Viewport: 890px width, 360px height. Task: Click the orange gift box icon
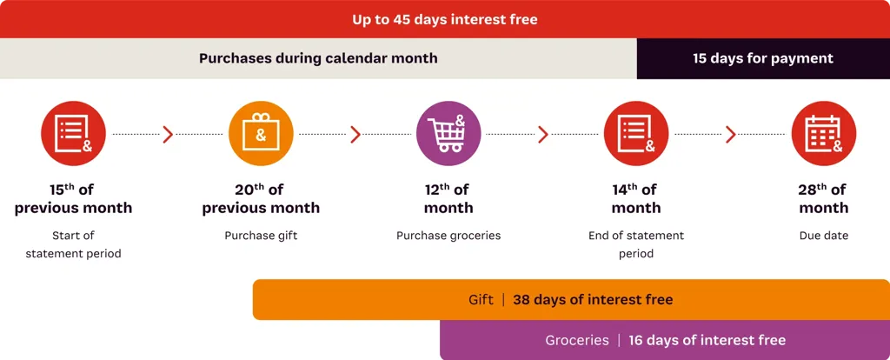tap(261, 133)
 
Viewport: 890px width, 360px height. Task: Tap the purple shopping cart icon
tap(448, 133)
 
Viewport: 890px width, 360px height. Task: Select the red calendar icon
tap(824, 133)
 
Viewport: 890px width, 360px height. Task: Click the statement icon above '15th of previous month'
tap(73, 133)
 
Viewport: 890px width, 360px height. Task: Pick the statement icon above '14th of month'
tap(636, 133)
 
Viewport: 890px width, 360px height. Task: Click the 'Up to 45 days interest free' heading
tap(445, 19)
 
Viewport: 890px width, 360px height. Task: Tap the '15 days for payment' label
tap(763, 58)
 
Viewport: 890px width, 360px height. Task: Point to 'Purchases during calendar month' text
tap(318, 58)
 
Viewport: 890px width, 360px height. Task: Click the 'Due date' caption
tap(824, 235)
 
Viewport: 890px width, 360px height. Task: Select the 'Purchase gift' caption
tap(261, 235)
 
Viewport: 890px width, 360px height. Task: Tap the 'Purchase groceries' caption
tap(448, 235)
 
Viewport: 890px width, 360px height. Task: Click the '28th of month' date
tap(824, 198)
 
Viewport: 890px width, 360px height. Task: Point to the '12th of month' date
tap(448, 198)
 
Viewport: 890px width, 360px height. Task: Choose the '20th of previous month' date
tap(261, 198)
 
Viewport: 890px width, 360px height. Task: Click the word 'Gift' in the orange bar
tap(482, 299)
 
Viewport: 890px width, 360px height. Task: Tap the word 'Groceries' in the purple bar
tap(577, 340)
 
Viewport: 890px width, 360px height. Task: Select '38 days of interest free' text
tap(593, 299)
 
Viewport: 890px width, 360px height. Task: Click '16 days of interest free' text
tap(707, 340)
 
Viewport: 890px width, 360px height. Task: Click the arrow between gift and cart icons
tap(355, 134)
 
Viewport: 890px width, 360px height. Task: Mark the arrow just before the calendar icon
tap(730, 134)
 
